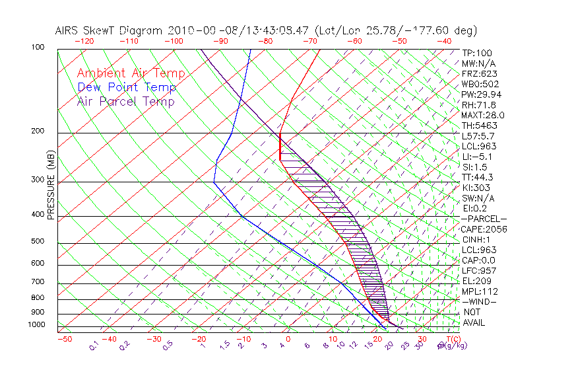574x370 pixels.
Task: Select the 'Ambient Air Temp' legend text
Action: pos(131,73)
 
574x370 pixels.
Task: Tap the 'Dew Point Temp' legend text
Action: pos(127,87)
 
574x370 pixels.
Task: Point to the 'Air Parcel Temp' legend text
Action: pos(126,101)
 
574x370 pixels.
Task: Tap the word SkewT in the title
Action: pos(130,30)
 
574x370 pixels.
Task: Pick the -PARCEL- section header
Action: pos(484,219)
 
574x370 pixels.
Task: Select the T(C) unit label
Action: pos(451,340)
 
